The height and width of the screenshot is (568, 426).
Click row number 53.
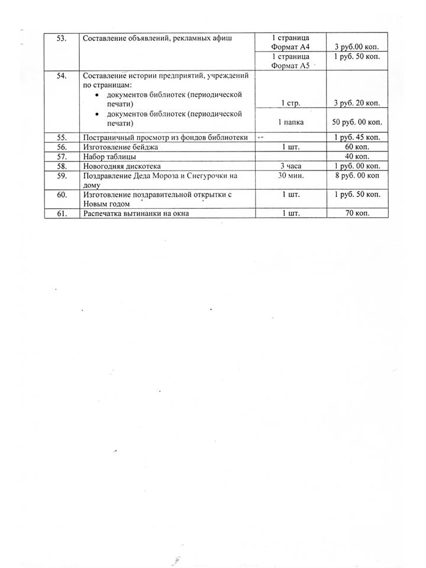pos(61,38)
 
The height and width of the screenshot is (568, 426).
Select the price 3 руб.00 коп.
pos(357,46)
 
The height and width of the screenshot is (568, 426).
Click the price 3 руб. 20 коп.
pos(357,103)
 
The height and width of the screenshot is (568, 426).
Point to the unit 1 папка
pos(290,122)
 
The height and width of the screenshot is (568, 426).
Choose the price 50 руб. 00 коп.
pos(357,122)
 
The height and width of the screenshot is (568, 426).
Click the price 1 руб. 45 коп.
pos(357,137)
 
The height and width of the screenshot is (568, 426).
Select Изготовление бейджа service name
pos(121,147)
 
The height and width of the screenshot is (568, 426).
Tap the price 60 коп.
pos(357,147)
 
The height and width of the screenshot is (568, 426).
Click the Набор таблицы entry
pos(110,157)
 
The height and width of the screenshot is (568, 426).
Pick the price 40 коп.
pos(357,157)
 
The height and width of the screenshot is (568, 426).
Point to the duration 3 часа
pos(290,166)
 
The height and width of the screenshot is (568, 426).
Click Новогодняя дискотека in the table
pos(122,166)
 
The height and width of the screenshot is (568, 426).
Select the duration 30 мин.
pos(290,176)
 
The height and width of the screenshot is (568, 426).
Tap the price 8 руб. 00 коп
pos(357,176)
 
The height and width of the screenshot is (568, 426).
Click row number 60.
pos(61,194)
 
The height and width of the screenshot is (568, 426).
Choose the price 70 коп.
pos(357,213)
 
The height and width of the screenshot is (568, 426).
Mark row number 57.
pos(61,157)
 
